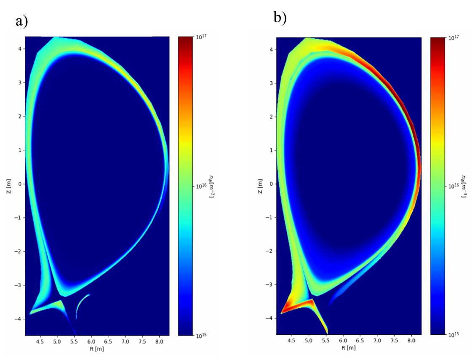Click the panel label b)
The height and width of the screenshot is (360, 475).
point(280,18)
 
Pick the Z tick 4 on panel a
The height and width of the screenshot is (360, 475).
point(19,49)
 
